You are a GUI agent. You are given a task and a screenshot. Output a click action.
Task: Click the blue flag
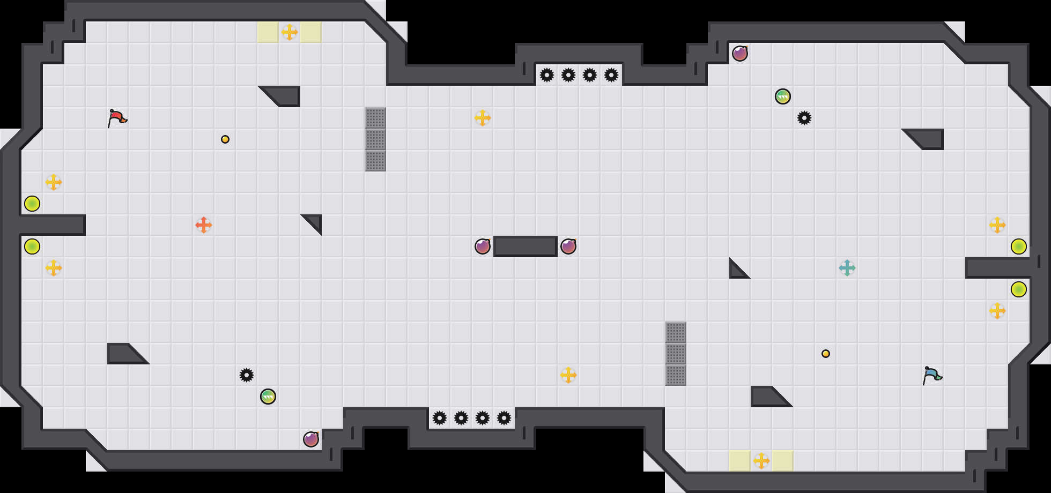coord(932,375)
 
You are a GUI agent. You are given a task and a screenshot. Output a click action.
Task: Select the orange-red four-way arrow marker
coord(204,225)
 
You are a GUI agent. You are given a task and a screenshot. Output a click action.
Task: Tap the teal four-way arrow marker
coord(847,268)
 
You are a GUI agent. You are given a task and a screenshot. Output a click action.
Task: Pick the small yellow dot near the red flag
coord(225,139)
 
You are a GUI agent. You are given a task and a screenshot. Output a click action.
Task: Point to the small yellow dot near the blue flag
coord(826,354)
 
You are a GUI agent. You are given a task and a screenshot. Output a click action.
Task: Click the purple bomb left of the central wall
coord(483,246)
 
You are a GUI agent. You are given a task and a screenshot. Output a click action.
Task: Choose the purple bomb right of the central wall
coord(568,246)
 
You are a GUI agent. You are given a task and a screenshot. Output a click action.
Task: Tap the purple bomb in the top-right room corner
coord(740,54)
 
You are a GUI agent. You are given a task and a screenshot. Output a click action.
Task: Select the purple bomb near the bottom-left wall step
coord(311,439)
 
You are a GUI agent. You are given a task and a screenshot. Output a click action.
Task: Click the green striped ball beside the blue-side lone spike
coord(783,96)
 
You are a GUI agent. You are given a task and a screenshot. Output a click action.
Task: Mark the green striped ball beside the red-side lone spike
coord(268,397)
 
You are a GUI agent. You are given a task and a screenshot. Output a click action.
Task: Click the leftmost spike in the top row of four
coord(547,75)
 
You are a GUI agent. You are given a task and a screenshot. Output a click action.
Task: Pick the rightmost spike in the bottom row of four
coord(504,418)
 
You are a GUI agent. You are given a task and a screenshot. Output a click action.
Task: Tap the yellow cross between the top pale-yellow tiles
coord(290,32)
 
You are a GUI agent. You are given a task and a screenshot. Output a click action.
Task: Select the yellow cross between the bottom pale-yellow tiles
coord(761,461)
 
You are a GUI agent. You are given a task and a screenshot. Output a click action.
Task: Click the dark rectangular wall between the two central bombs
coord(525,246)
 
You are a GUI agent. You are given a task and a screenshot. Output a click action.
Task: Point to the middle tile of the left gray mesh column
coord(375,139)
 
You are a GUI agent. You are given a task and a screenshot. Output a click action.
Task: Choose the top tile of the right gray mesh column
coord(676,332)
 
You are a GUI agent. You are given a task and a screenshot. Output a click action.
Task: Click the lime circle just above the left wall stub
coord(32,204)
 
